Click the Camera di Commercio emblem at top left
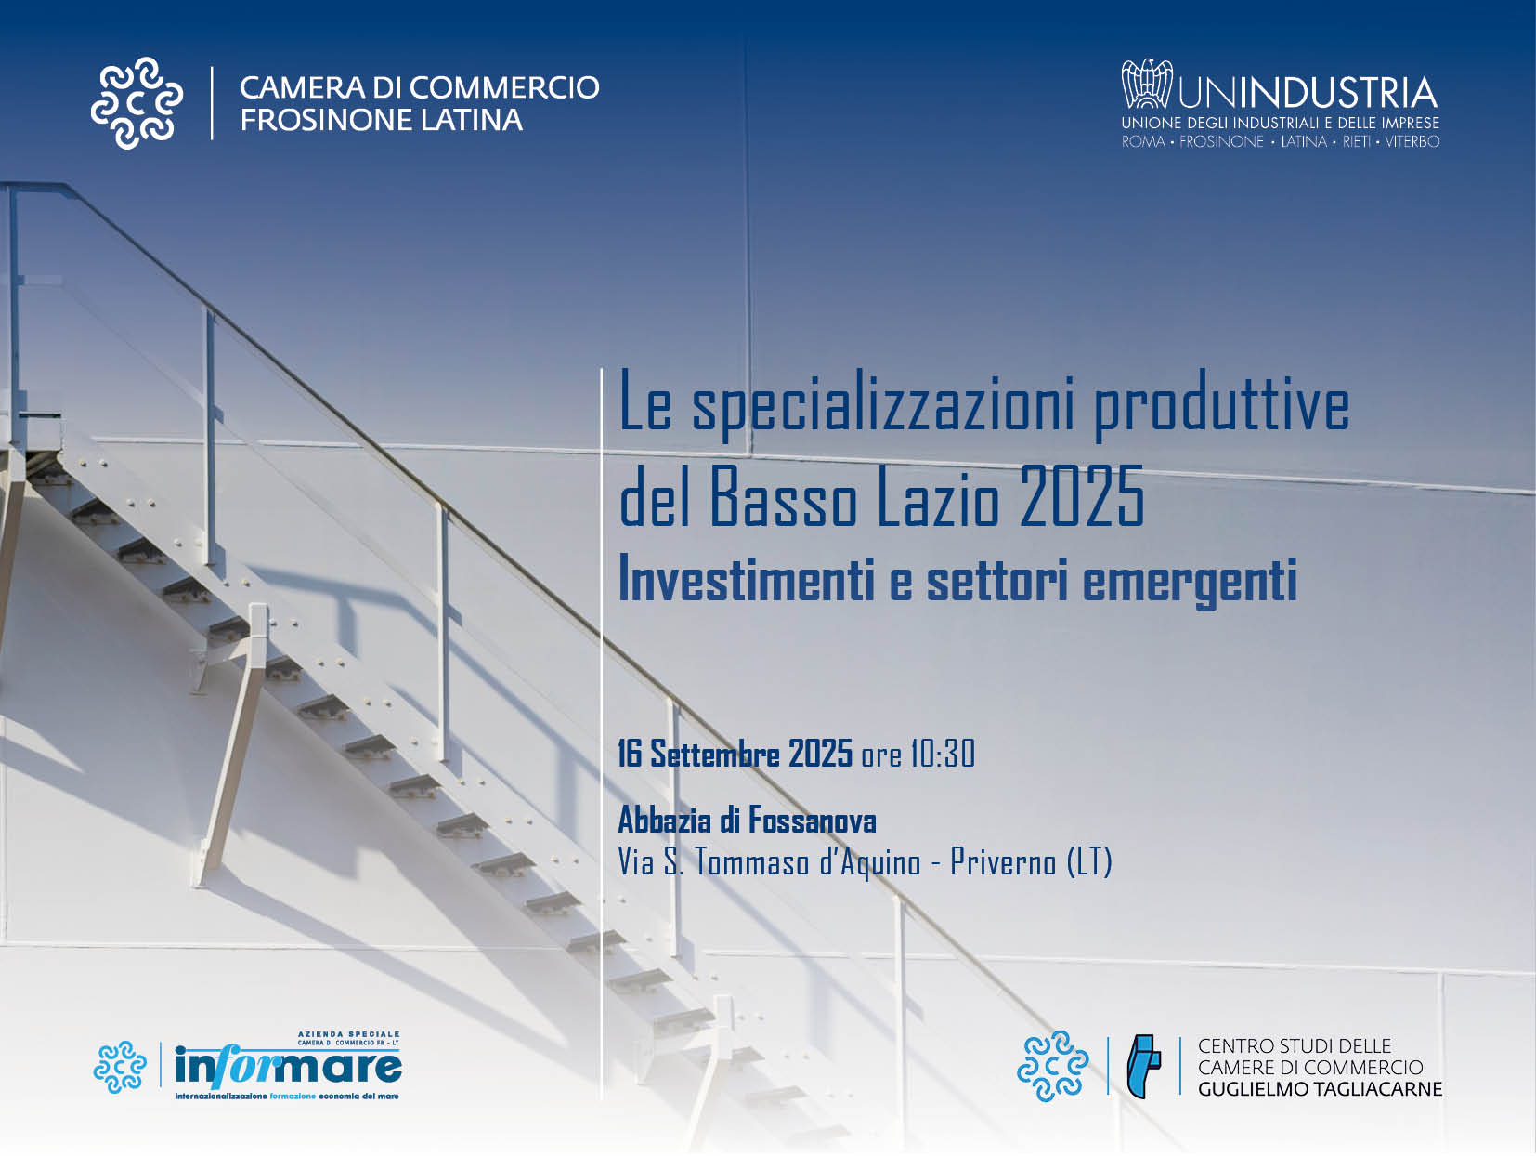(137, 103)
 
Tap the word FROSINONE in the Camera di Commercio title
(325, 120)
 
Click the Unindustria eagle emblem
(1146, 84)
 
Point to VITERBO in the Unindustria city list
(1412, 141)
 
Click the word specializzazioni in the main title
(882, 408)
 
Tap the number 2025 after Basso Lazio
(1082, 496)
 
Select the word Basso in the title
(784, 496)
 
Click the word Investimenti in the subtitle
(747, 580)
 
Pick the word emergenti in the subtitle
(1190, 583)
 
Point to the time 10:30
(942, 755)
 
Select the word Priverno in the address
(1003, 862)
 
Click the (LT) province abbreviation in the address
(1089, 862)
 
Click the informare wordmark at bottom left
(288, 1067)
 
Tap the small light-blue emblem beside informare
(120, 1067)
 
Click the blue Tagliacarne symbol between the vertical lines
(1143, 1067)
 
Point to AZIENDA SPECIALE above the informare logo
(348, 1034)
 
